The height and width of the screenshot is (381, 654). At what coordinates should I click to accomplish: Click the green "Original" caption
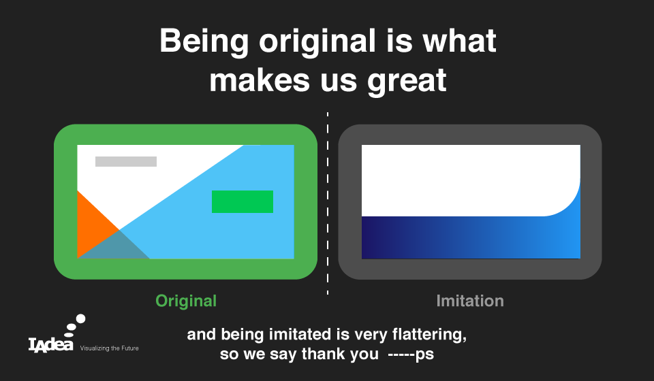[186, 301]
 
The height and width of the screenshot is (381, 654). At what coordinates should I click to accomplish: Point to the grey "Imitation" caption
[470, 301]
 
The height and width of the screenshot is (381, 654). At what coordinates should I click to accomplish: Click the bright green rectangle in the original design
[243, 201]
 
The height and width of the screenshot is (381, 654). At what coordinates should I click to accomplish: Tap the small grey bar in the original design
[126, 161]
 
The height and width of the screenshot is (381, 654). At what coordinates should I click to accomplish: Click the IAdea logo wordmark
[51, 345]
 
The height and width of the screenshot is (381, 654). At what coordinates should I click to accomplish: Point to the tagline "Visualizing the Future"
[109, 348]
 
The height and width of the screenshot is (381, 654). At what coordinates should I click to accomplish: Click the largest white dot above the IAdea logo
[81, 319]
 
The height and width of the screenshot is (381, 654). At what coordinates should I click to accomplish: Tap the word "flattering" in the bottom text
[429, 334]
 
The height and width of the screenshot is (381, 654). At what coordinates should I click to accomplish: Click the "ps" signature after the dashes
[424, 355]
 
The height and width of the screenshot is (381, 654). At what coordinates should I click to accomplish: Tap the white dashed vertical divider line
[328, 203]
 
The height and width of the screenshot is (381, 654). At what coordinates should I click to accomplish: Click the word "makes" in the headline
[260, 81]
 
